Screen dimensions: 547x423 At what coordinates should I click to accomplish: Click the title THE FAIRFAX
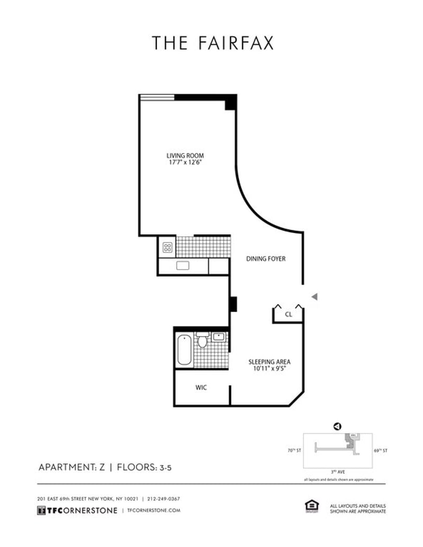coord(213,43)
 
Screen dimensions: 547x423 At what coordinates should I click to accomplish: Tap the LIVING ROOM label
coord(185,156)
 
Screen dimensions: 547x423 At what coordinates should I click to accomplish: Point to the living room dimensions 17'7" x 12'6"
coord(185,163)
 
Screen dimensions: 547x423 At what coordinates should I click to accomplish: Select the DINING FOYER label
coord(266,259)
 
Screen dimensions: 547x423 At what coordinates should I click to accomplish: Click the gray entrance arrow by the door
coord(314,297)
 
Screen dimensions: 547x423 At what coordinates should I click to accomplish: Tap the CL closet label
coord(288,314)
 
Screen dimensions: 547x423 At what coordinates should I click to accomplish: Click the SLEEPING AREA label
coord(270,362)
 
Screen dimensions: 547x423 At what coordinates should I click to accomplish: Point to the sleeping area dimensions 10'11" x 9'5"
coord(270,370)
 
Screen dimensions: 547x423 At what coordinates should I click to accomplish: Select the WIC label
coord(201,388)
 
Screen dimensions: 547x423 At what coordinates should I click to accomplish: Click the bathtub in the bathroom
coord(184,350)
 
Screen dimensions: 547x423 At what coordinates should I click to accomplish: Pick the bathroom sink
coord(219,336)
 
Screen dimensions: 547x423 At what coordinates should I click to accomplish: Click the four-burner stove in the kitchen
coord(168,247)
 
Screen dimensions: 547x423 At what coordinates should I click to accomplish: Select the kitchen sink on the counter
coord(183,266)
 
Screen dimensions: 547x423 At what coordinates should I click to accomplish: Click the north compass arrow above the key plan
coord(337,426)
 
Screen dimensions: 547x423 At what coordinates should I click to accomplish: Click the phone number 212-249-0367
coord(163,499)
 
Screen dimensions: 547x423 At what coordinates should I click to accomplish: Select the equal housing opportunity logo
coord(311,506)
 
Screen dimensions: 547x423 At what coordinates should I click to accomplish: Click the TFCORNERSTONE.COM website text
coord(154,511)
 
